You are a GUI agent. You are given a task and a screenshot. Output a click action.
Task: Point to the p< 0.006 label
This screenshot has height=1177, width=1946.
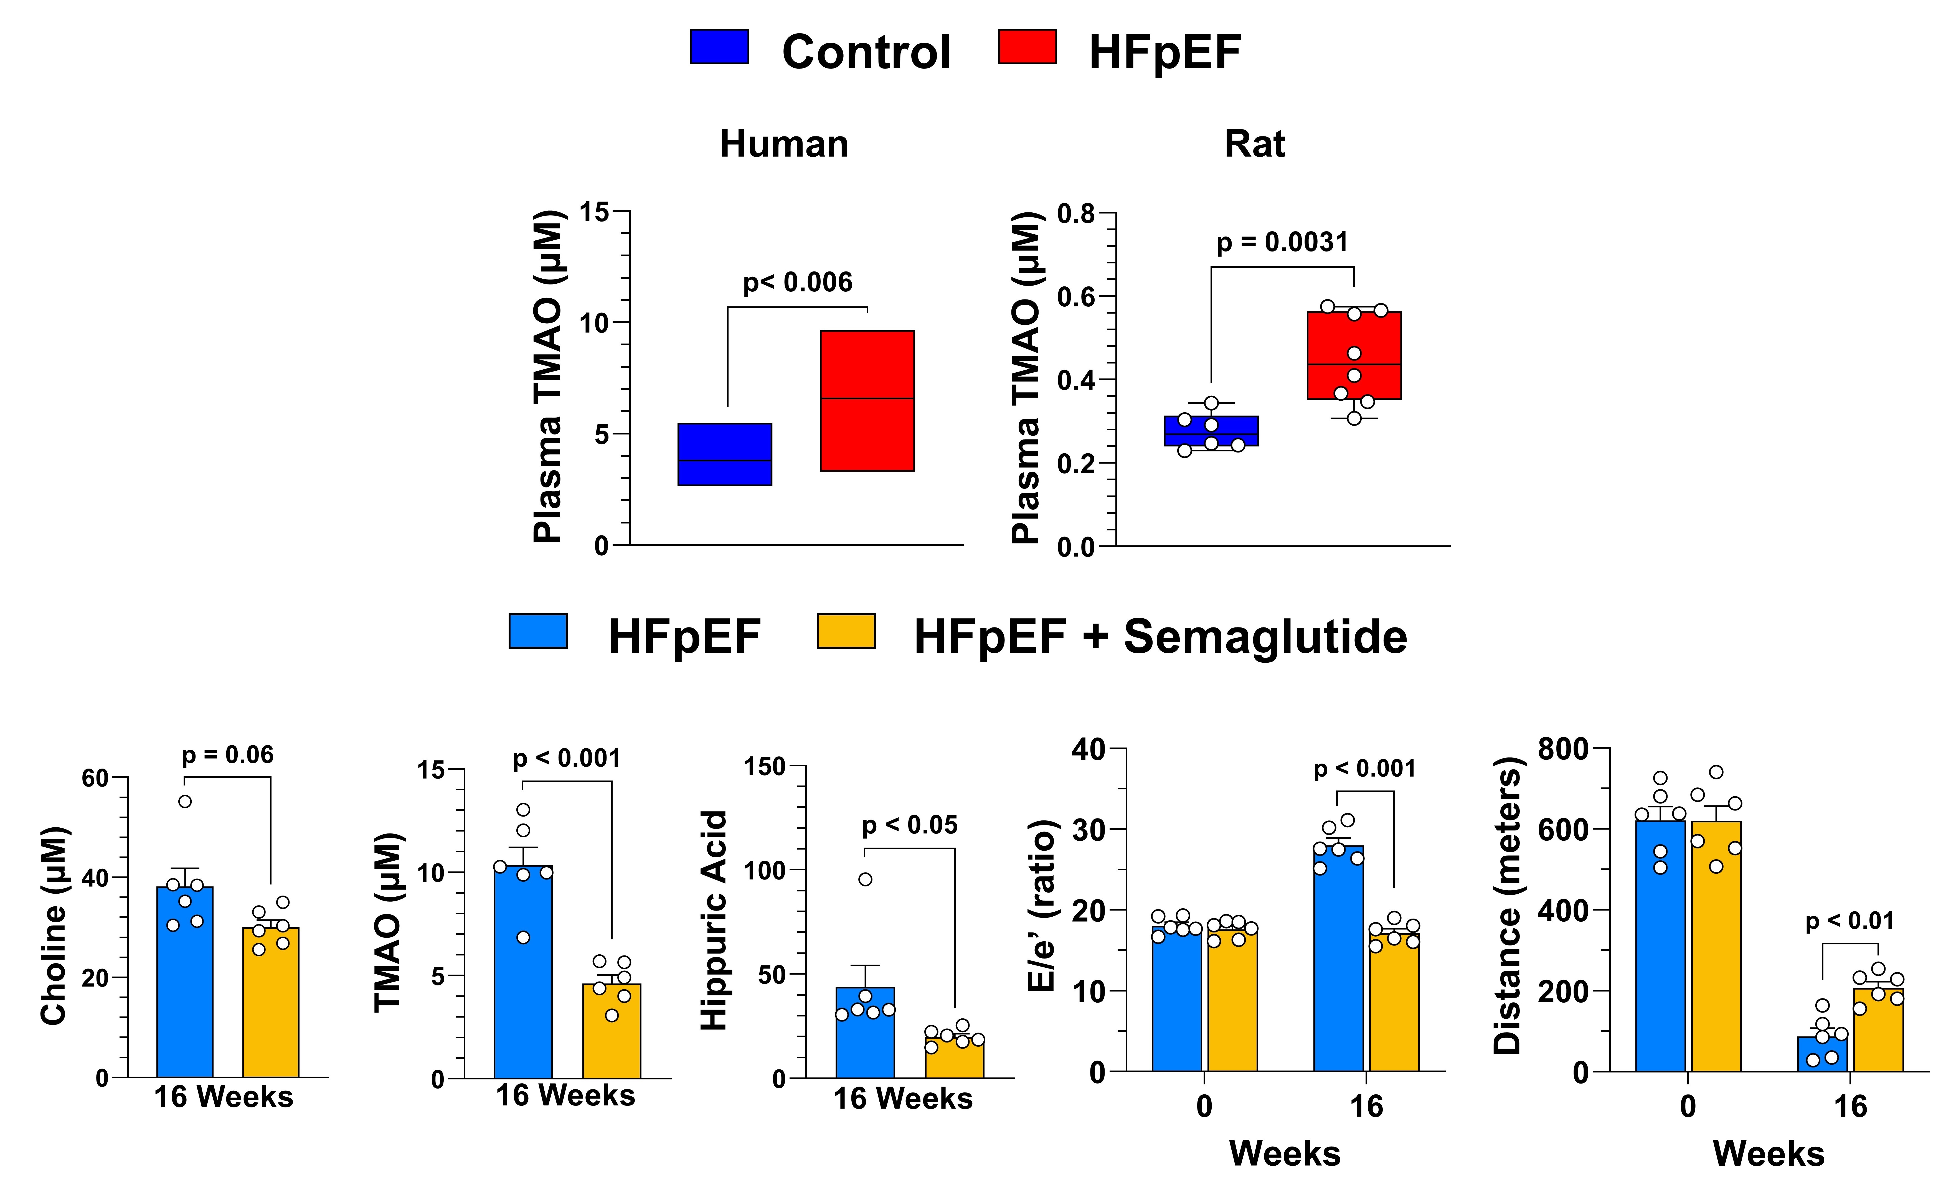(798, 283)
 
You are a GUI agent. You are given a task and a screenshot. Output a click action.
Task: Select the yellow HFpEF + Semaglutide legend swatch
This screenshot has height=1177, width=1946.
(845, 631)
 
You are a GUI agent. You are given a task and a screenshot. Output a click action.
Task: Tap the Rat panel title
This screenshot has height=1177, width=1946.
(1254, 144)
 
